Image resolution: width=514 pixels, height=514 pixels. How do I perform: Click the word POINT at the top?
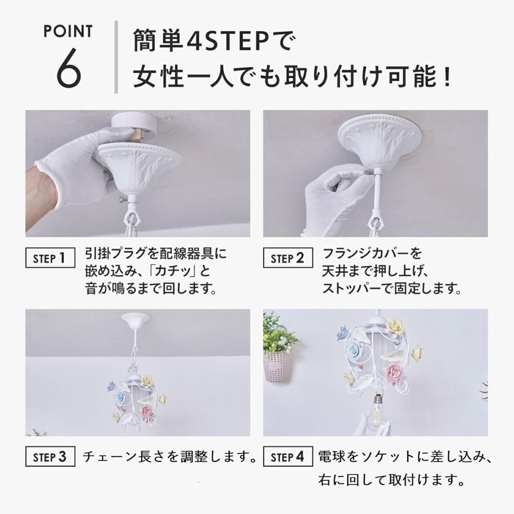pyautogui.click(x=69, y=31)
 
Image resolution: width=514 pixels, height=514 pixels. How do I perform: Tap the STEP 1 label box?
pyautogui.click(x=50, y=258)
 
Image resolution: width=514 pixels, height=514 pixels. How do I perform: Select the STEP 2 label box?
pyautogui.click(x=287, y=258)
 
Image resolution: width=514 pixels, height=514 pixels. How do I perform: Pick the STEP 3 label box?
pyautogui.click(x=50, y=457)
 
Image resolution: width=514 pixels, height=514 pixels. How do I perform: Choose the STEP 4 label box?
pyautogui.click(x=287, y=457)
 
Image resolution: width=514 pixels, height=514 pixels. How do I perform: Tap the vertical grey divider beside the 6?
pyautogui.click(x=117, y=57)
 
